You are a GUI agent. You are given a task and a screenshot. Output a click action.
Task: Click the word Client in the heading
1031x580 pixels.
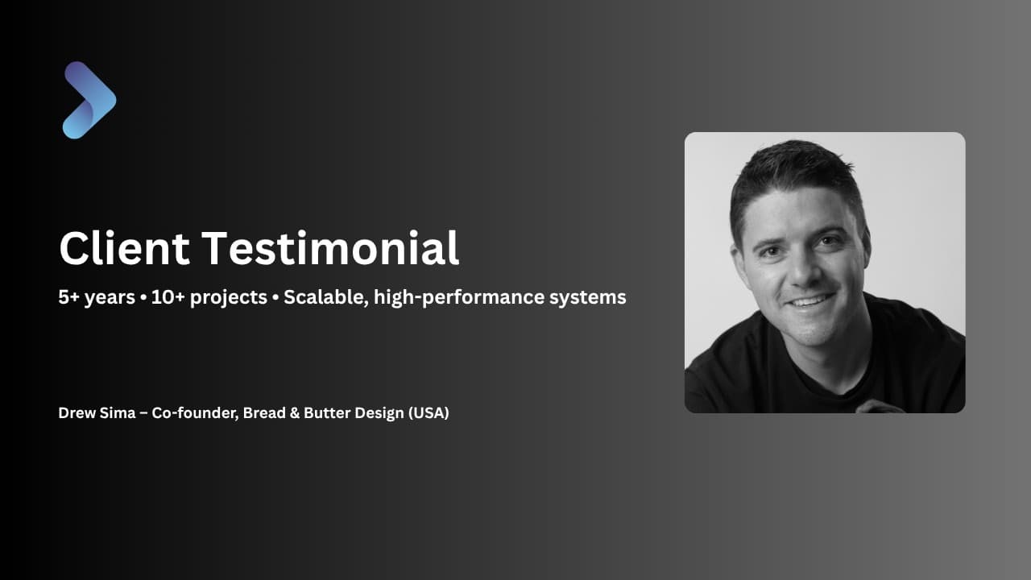click(x=124, y=248)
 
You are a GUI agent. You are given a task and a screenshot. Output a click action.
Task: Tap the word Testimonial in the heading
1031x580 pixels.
click(x=330, y=248)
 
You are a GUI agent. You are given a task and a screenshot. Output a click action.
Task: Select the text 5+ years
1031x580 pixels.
click(x=97, y=297)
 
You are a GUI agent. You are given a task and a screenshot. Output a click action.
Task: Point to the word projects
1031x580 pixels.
click(x=228, y=298)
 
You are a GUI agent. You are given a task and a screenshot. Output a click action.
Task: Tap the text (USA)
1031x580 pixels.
click(x=429, y=413)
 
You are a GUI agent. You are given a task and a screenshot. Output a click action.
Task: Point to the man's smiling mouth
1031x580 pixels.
click(x=810, y=301)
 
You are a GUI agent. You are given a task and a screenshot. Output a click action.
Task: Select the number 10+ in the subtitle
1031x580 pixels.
click(x=168, y=297)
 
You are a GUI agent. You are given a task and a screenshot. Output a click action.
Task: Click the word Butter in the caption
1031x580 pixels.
click(x=327, y=413)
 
